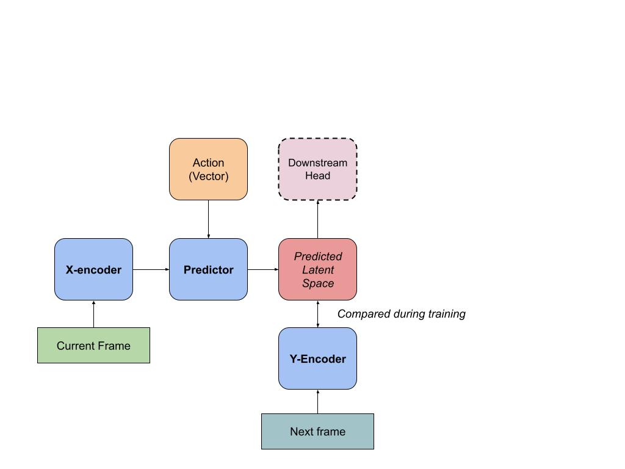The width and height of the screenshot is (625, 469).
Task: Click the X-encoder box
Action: (x=93, y=269)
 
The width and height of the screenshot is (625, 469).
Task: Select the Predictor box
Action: (x=209, y=269)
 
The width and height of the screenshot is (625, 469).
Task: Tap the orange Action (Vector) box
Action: (x=209, y=169)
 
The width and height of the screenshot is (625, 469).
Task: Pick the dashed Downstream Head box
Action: (x=317, y=169)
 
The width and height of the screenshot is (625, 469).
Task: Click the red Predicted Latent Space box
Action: (x=317, y=269)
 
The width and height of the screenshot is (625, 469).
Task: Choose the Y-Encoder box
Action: (x=317, y=358)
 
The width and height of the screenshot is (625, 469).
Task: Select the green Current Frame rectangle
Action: (x=93, y=346)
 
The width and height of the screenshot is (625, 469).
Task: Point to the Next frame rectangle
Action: (x=317, y=432)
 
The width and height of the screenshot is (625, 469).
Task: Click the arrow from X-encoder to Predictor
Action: (x=151, y=269)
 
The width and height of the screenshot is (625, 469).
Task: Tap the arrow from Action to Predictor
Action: (x=209, y=219)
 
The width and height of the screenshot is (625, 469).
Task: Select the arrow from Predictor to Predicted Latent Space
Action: (x=263, y=269)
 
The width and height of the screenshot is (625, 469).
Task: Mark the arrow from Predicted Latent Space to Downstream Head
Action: (x=317, y=219)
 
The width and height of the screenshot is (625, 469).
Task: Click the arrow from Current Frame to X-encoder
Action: (x=93, y=314)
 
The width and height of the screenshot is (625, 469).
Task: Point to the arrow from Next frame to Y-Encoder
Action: (x=317, y=402)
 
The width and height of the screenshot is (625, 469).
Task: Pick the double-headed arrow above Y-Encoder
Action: (x=317, y=314)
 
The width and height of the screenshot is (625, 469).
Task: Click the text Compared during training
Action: (x=402, y=314)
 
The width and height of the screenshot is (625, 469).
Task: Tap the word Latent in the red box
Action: (x=317, y=269)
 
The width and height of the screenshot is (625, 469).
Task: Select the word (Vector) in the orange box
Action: (x=209, y=176)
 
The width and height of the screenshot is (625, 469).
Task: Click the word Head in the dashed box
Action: (x=317, y=175)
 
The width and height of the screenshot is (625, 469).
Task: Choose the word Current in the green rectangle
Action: (x=76, y=346)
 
